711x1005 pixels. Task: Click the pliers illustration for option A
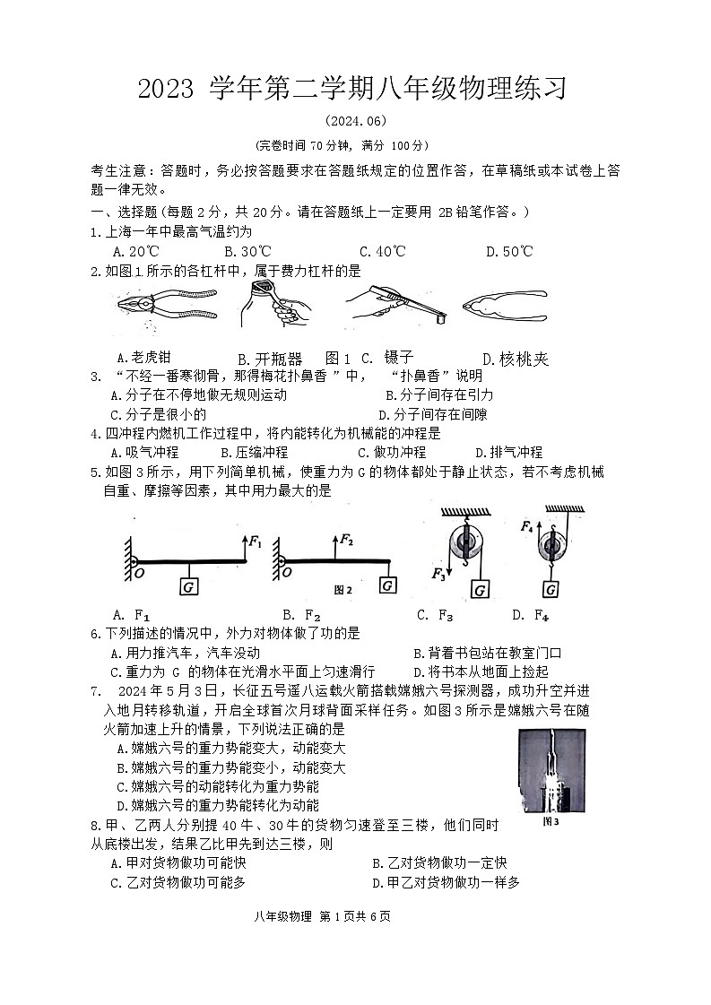[x=166, y=306]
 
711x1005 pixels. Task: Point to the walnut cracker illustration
[x=505, y=305]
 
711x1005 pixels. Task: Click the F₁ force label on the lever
[x=256, y=541]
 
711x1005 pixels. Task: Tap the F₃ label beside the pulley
[x=438, y=573]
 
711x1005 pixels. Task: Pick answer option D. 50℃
[x=508, y=252]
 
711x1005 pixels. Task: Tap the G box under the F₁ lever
[x=190, y=586]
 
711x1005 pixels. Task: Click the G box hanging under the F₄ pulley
[x=551, y=588]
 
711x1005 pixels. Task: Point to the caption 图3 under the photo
[x=551, y=820]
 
